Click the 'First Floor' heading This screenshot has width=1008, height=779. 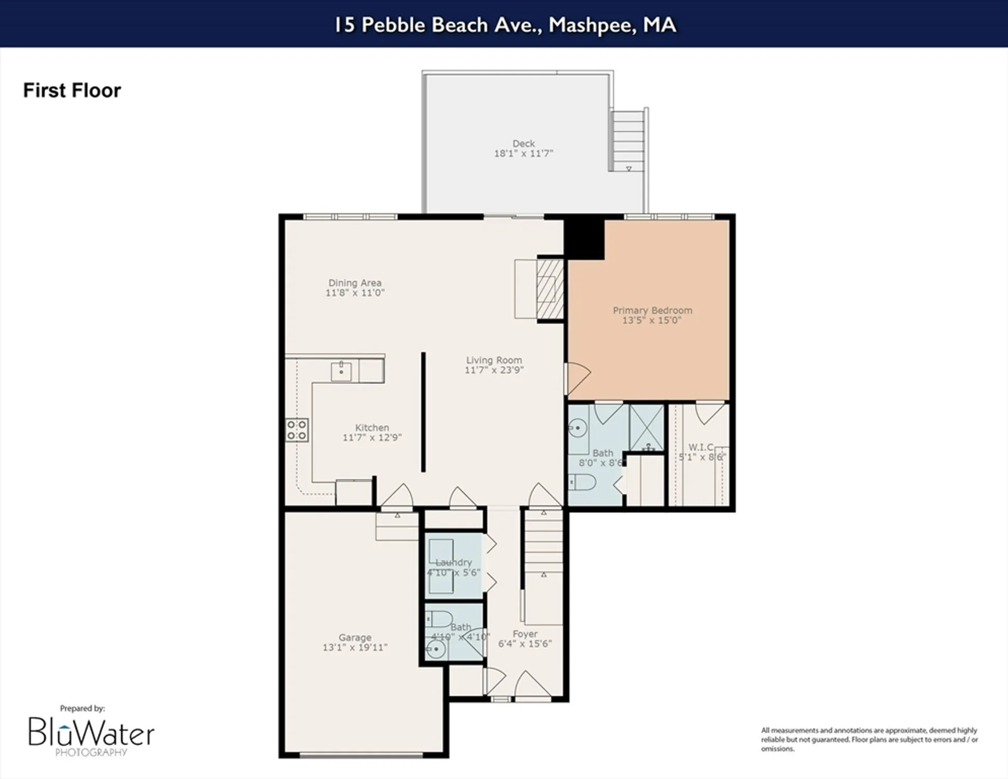pyautogui.click(x=72, y=90)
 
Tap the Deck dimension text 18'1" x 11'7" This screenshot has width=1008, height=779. pyautogui.click(x=523, y=154)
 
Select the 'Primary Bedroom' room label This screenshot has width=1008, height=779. pyautogui.click(x=652, y=310)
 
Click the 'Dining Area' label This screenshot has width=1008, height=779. pyautogui.click(x=355, y=283)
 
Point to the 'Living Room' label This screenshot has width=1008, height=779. pyautogui.click(x=493, y=360)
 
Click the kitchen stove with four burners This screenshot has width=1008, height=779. pyautogui.click(x=297, y=431)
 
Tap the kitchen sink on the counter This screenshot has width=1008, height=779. pyautogui.click(x=341, y=372)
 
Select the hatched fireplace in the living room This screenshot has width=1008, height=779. pyautogui.click(x=549, y=289)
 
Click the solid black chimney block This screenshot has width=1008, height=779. pyautogui.click(x=584, y=239)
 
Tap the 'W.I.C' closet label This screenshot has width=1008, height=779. pyautogui.click(x=700, y=447)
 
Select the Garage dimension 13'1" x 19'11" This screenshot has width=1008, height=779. pyautogui.click(x=355, y=648)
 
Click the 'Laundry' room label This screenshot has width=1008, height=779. pyautogui.click(x=453, y=562)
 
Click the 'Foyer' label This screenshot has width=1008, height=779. pyautogui.click(x=525, y=634)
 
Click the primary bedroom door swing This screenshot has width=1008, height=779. pyautogui.click(x=578, y=378)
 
